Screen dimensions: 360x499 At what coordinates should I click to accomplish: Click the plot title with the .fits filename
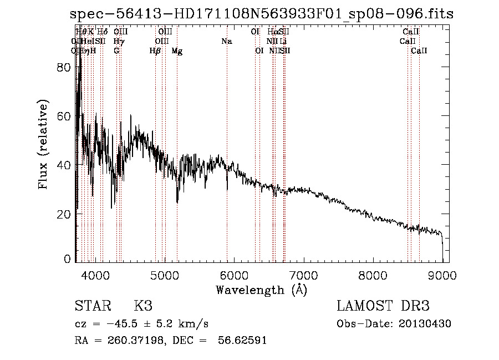pos(262,14)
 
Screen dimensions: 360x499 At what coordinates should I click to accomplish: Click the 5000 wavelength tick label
pos(164,275)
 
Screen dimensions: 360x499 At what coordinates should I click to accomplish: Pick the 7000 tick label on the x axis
pos(303,275)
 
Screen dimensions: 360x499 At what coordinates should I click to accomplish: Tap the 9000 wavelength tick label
pos(442,275)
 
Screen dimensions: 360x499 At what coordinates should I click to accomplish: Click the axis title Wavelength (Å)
pos(261,290)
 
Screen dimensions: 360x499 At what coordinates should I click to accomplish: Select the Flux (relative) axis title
pos(44,144)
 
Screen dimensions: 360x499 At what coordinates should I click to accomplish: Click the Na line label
pos(226,41)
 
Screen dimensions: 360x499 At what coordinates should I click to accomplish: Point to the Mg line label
pos(177,51)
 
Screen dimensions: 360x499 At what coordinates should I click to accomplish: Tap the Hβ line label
pos(155,51)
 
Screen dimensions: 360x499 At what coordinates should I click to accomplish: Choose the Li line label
pos(283,41)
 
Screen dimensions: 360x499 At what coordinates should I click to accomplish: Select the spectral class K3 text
pos(143,306)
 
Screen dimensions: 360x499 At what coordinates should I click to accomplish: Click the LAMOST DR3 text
pos(383,306)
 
